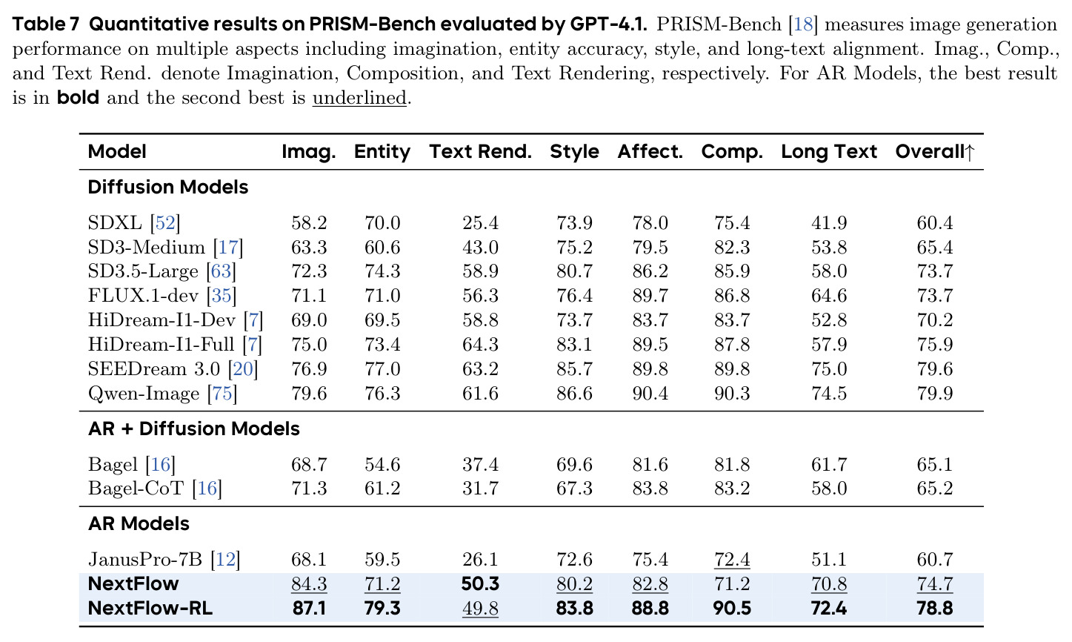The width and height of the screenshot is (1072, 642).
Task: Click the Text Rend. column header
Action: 480,152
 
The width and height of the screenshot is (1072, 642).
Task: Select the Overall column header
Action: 935,152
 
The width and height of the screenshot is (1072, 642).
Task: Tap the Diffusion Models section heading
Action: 168,188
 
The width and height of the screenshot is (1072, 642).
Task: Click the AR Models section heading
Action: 139,523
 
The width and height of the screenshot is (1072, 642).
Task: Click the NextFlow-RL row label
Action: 150,608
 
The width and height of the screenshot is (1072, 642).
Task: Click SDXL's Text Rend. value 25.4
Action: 480,223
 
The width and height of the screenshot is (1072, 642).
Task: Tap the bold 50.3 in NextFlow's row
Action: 480,584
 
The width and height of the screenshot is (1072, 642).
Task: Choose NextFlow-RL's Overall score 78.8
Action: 935,609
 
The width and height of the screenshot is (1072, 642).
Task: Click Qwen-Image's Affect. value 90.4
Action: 650,394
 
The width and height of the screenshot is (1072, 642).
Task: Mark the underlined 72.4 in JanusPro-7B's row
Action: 732,560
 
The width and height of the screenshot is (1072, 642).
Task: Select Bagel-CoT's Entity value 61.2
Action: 382,489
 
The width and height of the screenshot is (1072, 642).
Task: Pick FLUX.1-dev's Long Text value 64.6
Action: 829,296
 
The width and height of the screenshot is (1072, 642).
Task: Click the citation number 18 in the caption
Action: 804,24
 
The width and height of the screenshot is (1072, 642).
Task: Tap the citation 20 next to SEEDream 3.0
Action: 243,369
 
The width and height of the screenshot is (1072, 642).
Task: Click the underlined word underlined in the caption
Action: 359,98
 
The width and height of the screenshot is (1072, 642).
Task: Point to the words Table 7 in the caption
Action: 45,24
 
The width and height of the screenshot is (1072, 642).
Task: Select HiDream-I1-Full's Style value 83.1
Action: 574,345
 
